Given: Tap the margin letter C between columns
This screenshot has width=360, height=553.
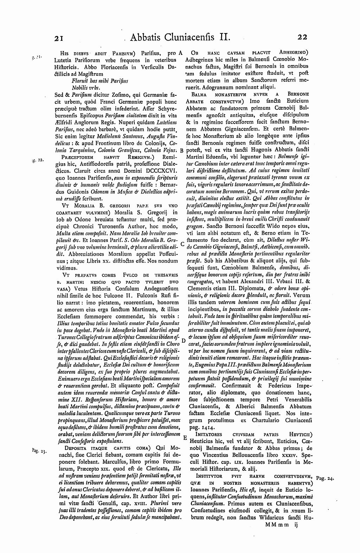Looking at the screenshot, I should click(x=182, y=243).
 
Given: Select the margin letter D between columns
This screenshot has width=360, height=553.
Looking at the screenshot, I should click(x=183, y=341).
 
